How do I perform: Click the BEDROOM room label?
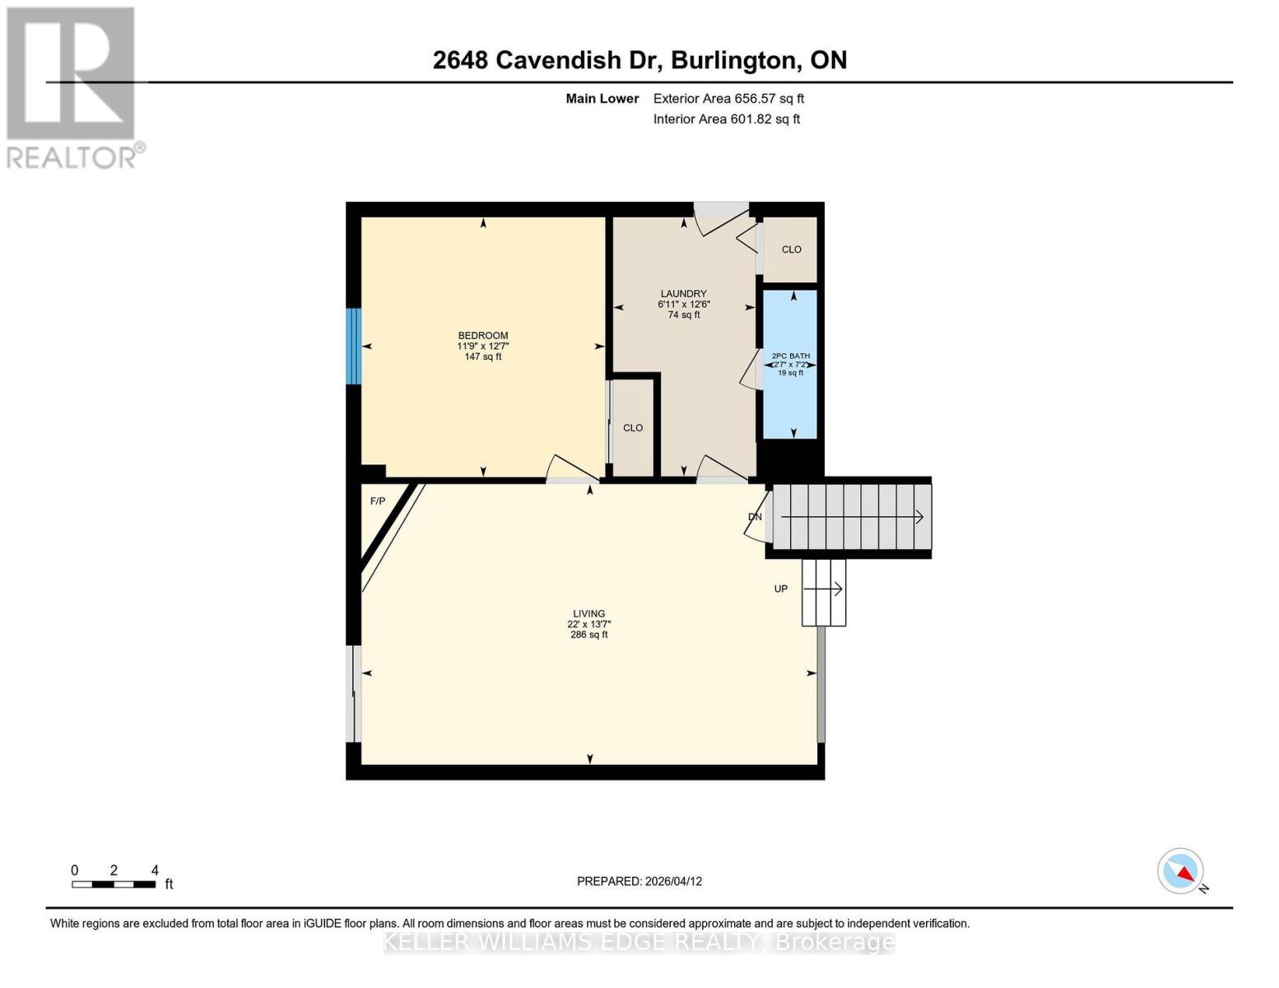tap(483, 335)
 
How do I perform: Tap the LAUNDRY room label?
tap(683, 293)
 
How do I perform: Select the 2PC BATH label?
tap(790, 356)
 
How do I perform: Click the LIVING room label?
tap(588, 613)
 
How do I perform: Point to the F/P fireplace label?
tap(378, 501)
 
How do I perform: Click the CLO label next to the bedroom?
tap(633, 427)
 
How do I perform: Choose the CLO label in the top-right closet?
tap(791, 249)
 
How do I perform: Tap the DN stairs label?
tap(755, 517)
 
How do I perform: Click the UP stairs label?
tap(780, 589)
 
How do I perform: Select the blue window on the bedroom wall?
tap(353, 346)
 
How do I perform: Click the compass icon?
tap(1181, 871)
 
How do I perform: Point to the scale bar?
tap(114, 884)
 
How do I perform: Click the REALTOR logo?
tap(72, 86)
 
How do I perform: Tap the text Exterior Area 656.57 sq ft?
tap(728, 99)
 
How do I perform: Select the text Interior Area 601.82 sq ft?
tap(726, 119)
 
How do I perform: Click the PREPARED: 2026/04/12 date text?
tap(639, 881)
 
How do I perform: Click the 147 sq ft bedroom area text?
tap(483, 357)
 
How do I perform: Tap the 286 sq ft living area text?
tap(588, 635)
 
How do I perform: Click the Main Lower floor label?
tap(602, 99)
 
